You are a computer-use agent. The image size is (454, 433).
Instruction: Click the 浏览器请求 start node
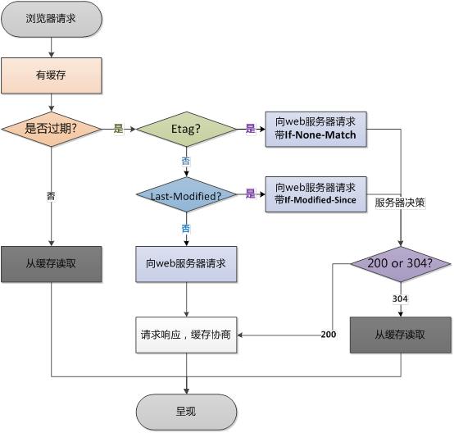pos(51,18)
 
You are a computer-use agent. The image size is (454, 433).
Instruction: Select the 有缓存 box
pos(51,75)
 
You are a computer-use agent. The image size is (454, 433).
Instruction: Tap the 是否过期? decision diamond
pos(51,129)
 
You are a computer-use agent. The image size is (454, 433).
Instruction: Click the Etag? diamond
pos(186,129)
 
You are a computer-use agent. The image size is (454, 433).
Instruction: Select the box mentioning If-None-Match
pos(316,129)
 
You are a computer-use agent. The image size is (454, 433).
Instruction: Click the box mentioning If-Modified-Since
pos(316,194)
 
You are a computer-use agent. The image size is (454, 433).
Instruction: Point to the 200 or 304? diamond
pos(401,265)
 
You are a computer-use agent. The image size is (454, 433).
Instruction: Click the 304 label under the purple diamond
pos(401,299)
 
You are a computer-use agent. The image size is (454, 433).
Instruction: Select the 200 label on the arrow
pos(328,335)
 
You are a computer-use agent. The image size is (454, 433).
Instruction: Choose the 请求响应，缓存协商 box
pos(186,334)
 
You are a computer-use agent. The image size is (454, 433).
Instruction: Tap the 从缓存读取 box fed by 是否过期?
pos(51,265)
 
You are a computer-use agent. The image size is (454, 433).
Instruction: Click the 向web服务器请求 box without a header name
pos(186,265)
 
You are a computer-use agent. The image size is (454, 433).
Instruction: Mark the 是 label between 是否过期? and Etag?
pos(118,129)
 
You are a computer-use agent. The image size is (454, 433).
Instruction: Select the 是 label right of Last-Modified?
pos(251,194)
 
